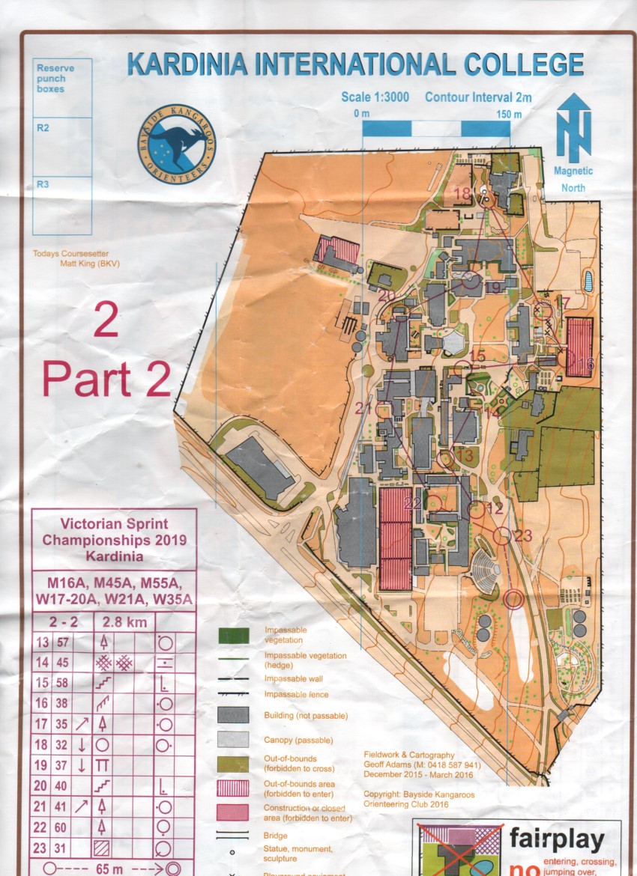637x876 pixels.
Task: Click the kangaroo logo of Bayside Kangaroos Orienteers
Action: click(x=177, y=145)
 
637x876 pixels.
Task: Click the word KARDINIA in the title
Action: click(x=188, y=64)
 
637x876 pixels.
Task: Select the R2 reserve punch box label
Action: click(x=43, y=128)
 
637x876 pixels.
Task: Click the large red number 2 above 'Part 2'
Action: click(x=106, y=323)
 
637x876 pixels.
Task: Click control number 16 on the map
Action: click(x=586, y=363)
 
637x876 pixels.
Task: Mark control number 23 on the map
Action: click(x=523, y=535)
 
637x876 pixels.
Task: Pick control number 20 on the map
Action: click(x=387, y=296)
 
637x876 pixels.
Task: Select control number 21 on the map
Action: click(x=364, y=409)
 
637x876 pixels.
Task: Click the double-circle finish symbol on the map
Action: click(x=513, y=598)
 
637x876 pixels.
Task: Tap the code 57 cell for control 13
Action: click(x=62, y=642)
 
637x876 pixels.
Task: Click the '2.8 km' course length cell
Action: click(x=121, y=622)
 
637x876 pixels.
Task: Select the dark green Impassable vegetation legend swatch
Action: click(x=233, y=635)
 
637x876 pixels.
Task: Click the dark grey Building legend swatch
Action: click(x=233, y=714)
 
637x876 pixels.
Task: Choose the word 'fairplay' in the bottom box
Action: click(x=556, y=840)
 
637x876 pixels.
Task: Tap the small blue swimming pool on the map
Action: click(x=588, y=282)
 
